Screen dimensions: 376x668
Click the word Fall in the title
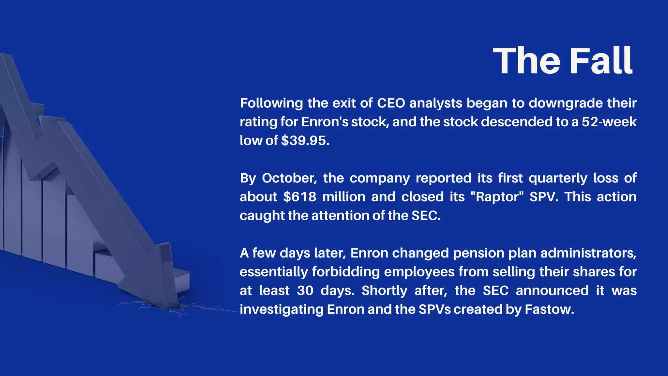click(601, 61)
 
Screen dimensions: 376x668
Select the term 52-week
click(609, 122)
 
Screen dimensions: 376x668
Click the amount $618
click(300, 197)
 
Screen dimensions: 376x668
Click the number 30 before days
click(305, 290)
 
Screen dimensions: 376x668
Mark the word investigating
click(281, 309)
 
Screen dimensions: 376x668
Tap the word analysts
click(436, 103)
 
